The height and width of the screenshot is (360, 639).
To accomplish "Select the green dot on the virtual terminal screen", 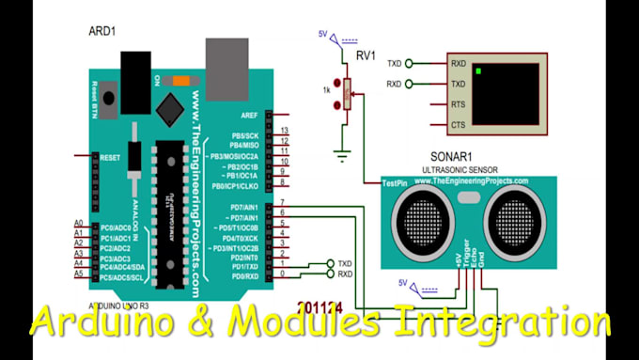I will point(479,70).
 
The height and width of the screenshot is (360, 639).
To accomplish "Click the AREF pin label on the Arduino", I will point(238,115).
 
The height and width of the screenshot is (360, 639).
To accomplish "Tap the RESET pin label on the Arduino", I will point(112,157).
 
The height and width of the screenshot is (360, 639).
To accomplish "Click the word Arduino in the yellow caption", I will point(109,322).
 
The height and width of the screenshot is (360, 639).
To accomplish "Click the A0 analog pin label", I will point(79,223).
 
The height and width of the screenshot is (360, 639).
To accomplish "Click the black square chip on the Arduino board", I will point(174,102).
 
